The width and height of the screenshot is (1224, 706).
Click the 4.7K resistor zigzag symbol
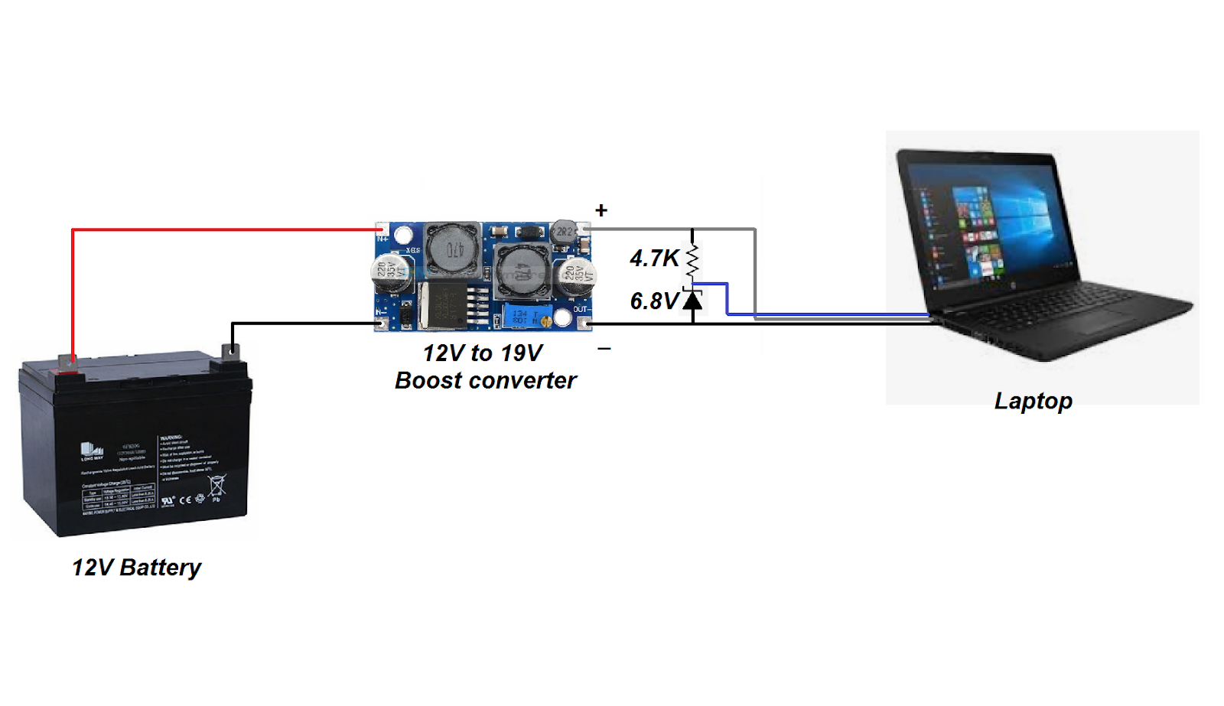tap(692, 260)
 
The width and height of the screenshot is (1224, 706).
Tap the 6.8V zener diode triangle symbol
tap(692, 300)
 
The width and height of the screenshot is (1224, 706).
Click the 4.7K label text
tap(654, 259)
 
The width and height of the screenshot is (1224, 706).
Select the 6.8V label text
tap(654, 301)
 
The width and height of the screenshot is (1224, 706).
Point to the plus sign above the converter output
tap(601, 210)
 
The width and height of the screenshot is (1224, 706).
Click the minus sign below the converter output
tap(604, 349)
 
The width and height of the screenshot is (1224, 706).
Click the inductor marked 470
tap(452, 248)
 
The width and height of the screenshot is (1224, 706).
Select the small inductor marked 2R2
tap(564, 231)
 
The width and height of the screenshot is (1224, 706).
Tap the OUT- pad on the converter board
tap(584, 322)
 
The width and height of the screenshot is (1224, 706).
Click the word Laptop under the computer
tap(1033, 401)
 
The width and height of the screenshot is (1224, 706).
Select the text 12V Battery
tap(136, 568)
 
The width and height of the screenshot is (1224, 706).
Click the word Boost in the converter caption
tap(428, 380)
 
